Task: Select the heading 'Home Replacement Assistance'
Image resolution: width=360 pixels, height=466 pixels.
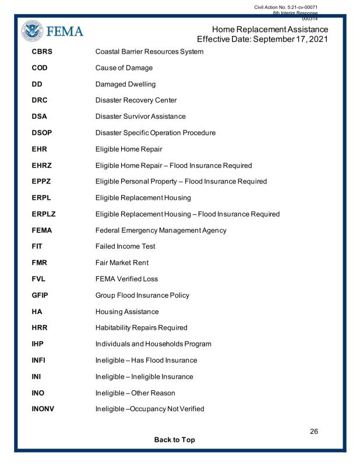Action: click(271, 30)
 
